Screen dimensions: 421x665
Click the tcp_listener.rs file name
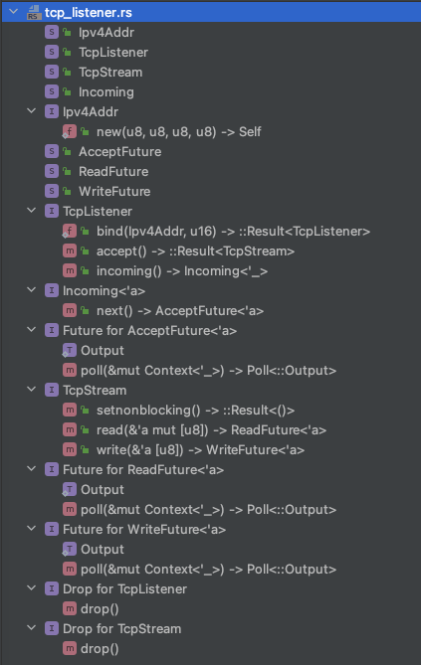[x=89, y=13]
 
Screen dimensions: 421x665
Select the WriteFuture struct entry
[x=114, y=191]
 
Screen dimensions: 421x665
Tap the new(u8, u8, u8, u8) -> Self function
[x=178, y=132]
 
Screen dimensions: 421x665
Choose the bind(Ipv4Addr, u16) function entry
[x=233, y=232]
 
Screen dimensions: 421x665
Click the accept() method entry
[x=195, y=251]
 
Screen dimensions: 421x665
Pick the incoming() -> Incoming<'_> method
[x=182, y=271]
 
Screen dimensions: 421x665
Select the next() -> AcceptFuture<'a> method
[x=180, y=311]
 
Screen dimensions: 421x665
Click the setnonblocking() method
[x=195, y=411]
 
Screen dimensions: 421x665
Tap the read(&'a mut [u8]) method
[x=211, y=430]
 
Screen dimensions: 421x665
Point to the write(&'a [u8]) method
[x=200, y=450]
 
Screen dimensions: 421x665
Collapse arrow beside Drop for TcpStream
[x=32, y=628]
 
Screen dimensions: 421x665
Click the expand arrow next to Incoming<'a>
[x=32, y=290]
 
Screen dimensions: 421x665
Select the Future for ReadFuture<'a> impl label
[x=143, y=470]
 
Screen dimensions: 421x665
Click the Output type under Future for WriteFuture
[x=102, y=550]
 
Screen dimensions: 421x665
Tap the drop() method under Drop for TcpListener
[x=100, y=609]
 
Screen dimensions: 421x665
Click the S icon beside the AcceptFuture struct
[x=52, y=151]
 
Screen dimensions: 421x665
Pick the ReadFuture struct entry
[x=113, y=171]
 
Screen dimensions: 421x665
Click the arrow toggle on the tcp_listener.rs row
[x=14, y=12]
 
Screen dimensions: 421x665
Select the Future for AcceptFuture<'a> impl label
[x=149, y=331]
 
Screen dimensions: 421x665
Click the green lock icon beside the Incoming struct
[x=67, y=91]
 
